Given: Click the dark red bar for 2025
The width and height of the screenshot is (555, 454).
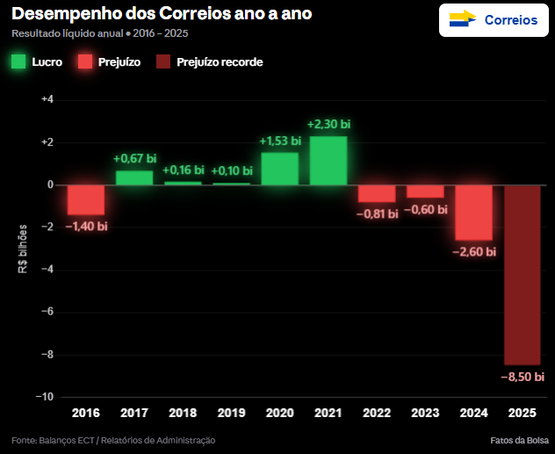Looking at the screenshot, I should (x=522, y=275).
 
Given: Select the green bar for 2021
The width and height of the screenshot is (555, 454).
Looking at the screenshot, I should (x=328, y=161).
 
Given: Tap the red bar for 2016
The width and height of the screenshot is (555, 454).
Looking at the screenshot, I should (x=86, y=199).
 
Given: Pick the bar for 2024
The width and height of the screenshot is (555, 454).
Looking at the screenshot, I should (x=473, y=213).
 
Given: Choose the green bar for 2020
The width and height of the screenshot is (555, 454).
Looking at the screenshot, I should (x=280, y=169).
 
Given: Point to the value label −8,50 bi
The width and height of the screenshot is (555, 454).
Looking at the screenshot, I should (x=523, y=377).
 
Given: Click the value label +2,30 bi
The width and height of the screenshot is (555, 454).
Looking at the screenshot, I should (x=329, y=125).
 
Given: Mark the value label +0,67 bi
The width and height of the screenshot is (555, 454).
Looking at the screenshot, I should (x=135, y=159).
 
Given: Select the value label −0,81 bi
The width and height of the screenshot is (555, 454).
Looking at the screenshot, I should (x=378, y=213).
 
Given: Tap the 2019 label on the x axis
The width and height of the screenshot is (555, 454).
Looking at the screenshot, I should (x=231, y=413).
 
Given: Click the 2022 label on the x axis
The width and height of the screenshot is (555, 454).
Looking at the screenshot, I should (x=377, y=413).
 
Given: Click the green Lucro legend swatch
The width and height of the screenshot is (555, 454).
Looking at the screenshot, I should (x=18, y=61).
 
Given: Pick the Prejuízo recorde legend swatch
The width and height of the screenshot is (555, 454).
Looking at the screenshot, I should (x=163, y=61).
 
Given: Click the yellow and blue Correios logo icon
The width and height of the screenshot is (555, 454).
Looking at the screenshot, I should (x=462, y=19).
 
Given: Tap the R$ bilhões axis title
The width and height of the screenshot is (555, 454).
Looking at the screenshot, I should (x=23, y=249).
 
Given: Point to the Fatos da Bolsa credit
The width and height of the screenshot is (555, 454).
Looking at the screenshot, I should (x=520, y=440).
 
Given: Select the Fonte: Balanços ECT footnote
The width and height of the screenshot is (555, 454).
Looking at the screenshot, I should (x=113, y=440).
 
